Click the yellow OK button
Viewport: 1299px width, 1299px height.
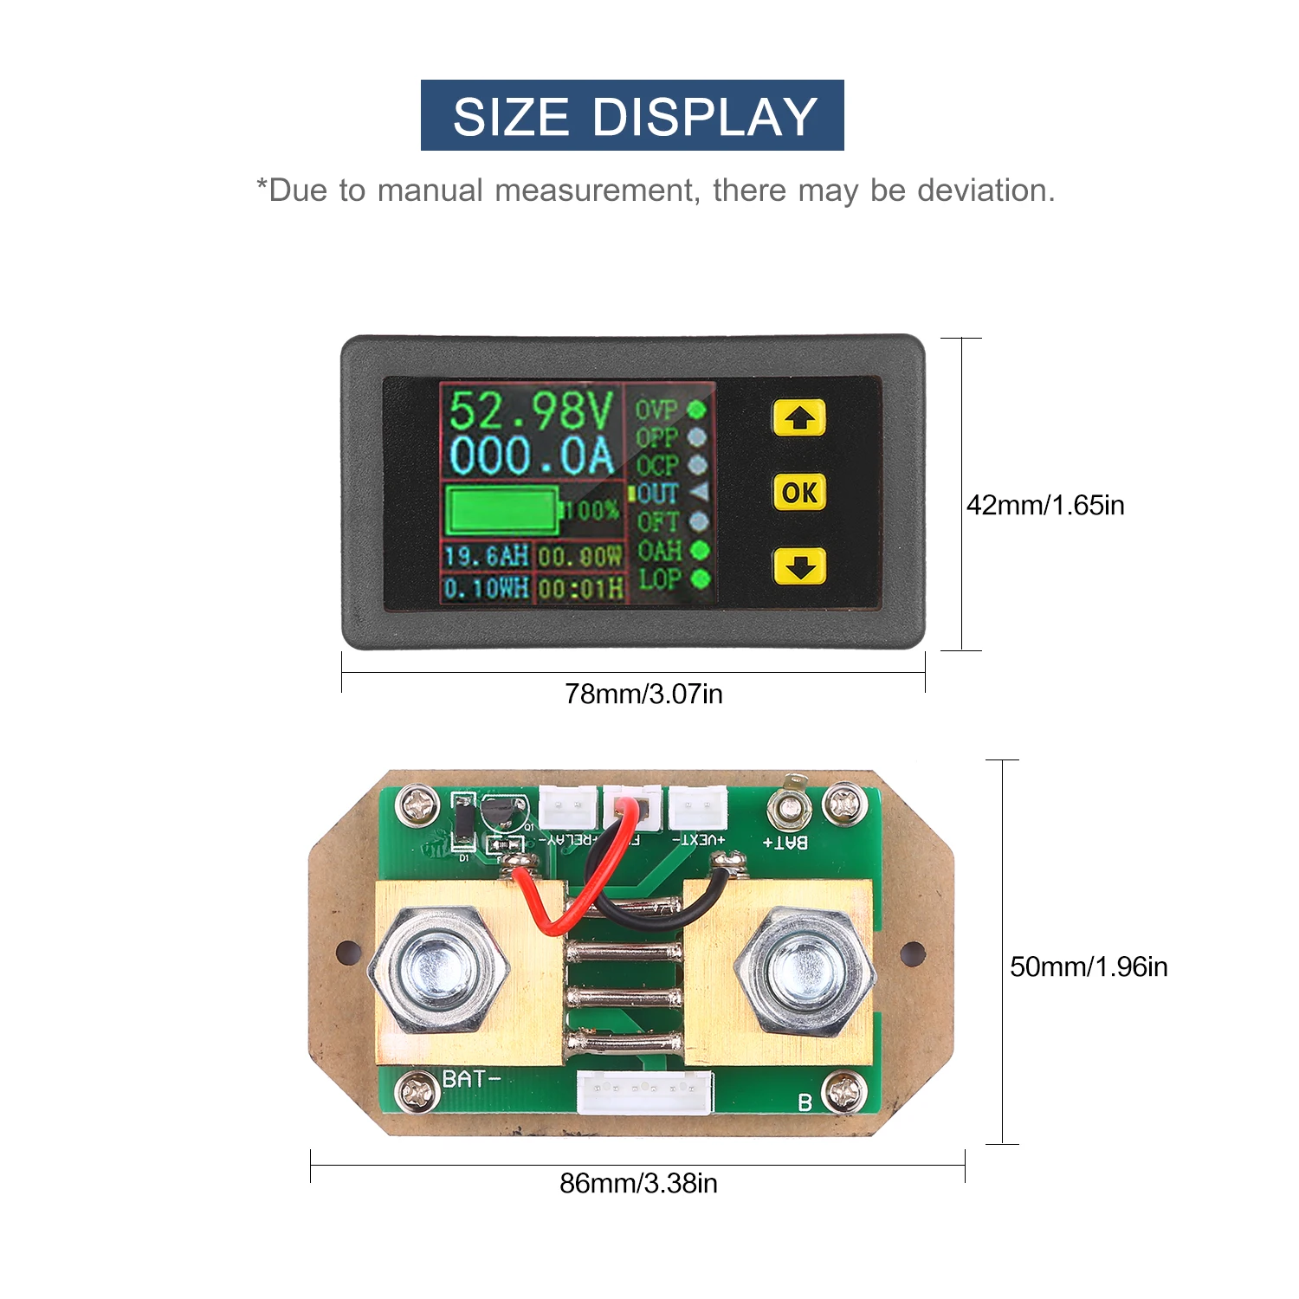point(798,492)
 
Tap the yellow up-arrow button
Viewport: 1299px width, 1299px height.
point(798,418)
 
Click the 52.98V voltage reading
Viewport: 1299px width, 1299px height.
point(531,410)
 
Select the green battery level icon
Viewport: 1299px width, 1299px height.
point(502,510)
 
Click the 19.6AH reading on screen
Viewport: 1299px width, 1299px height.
point(486,556)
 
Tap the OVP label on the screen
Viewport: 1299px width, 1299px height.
point(656,410)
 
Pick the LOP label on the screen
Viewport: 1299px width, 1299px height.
point(659,578)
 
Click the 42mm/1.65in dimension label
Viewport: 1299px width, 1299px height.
point(1045,505)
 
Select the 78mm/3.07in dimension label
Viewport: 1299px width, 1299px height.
point(643,694)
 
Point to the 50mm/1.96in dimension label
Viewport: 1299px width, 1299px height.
point(1089,966)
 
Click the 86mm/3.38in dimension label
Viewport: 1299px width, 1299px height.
point(638,1183)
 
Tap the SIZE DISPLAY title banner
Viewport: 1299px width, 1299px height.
point(632,115)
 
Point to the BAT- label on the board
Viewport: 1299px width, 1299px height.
point(471,1079)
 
